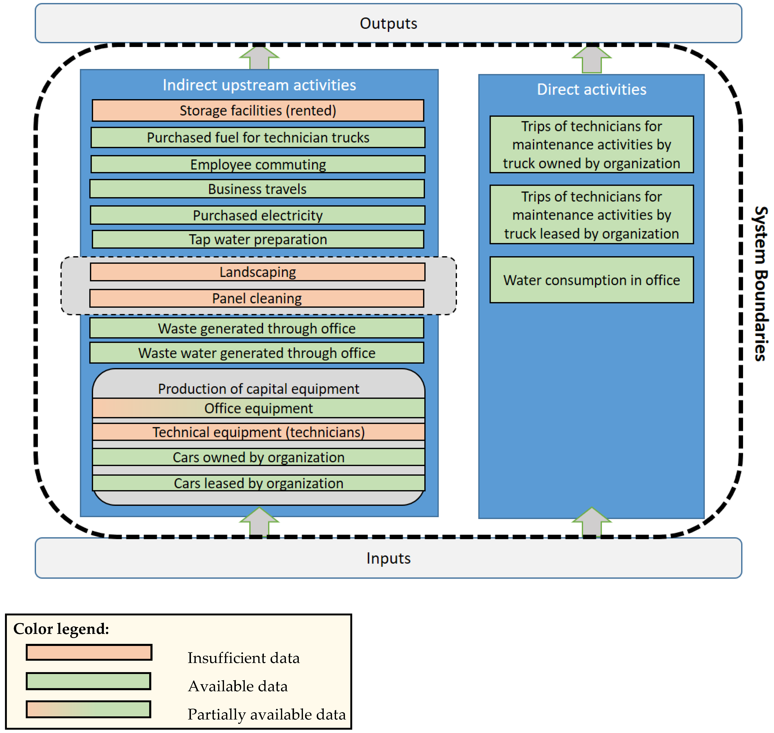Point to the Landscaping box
[257, 272]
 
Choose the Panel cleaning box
[256, 299]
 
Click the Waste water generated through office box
[256, 353]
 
